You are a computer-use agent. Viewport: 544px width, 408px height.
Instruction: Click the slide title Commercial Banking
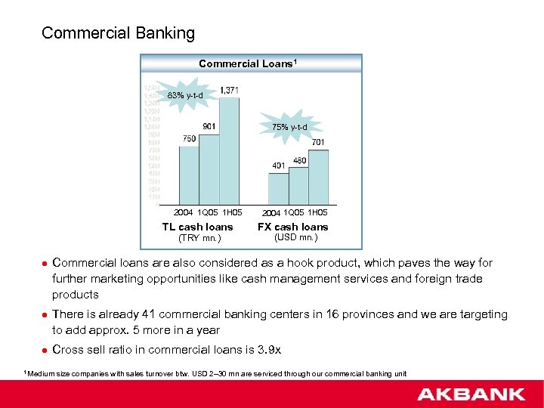click(x=118, y=33)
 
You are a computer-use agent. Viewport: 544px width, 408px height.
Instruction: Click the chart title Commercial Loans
click(x=248, y=63)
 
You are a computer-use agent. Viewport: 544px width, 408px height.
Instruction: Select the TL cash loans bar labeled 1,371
click(x=229, y=151)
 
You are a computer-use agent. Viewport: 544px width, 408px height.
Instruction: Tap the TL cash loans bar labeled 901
click(x=209, y=169)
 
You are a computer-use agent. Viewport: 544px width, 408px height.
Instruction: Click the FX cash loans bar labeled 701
click(x=318, y=178)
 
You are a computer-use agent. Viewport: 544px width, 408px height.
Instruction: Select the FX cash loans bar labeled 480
click(x=298, y=186)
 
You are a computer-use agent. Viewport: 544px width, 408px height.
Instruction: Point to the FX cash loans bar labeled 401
click(x=279, y=189)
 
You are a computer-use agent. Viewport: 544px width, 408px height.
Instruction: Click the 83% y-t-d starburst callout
click(x=185, y=95)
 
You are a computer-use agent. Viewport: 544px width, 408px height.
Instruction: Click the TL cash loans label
click(x=198, y=227)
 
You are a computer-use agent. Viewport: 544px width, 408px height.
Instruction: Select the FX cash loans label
click(x=293, y=227)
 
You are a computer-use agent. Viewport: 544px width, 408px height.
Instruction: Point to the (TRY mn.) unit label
click(x=199, y=239)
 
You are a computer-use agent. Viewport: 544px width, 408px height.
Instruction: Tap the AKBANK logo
click(x=470, y=394)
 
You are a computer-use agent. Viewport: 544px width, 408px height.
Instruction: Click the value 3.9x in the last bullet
click(x=269, y=350)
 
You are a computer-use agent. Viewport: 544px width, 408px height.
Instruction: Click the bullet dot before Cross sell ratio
click(x=44, y=350)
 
